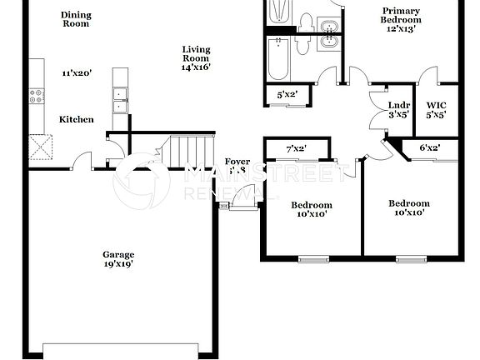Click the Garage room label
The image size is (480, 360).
(117, 254)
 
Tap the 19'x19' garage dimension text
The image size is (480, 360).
(117, 264)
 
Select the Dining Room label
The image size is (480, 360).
(76, 19)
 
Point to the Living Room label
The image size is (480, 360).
(197, 54)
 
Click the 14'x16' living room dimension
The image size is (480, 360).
(197, 67)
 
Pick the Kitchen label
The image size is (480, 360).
(76, 120)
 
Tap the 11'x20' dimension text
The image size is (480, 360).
(76, 73)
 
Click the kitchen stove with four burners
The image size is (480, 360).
(37, 96)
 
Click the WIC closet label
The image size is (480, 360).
(437, 105)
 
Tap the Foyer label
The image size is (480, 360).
(237, 162)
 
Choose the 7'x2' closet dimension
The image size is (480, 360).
(296, 148)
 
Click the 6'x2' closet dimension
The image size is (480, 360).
(429, 147)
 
